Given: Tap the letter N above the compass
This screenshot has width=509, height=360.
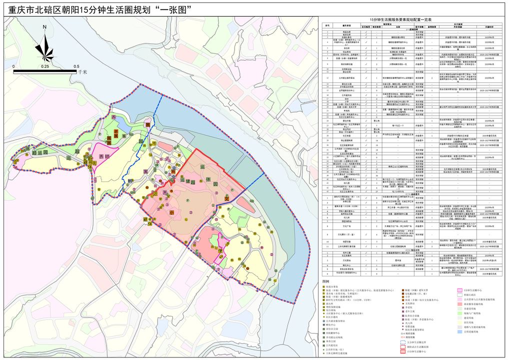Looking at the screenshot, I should point(44,27).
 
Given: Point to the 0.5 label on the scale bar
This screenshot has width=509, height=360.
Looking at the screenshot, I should point(76,66).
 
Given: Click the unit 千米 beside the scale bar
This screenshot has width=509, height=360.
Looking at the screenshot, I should point(83,72).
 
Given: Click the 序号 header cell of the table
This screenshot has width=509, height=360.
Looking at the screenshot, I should point(328,24).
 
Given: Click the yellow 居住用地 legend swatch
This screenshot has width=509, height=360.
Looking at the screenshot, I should point(460,326).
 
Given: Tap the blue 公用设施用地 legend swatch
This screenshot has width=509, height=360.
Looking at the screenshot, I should point(460,331).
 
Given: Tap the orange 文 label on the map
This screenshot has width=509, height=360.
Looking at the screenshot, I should point(226,198).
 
